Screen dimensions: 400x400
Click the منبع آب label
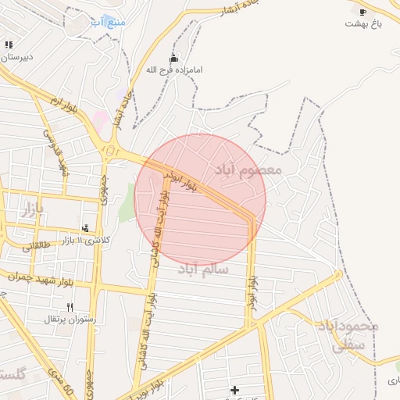click(x=107, y=22)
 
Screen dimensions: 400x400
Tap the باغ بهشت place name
click(x=365, y=24)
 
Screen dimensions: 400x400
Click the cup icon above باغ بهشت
click(x=362, y=11)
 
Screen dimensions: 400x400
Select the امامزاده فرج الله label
click(x=174, y=70)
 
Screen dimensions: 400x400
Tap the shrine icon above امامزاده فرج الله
click(x=173, y=58)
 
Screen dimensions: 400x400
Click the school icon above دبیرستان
click(x=9, y=45)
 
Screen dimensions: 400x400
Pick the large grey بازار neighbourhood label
click(x=32, y=209)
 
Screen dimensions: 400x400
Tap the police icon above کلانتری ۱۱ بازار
click(x=85, y=228)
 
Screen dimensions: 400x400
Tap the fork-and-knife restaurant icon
click(x=70, y=307)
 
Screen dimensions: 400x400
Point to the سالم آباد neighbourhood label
click(x=202, y=269)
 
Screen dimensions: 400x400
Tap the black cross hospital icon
click(x=234, y=389)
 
